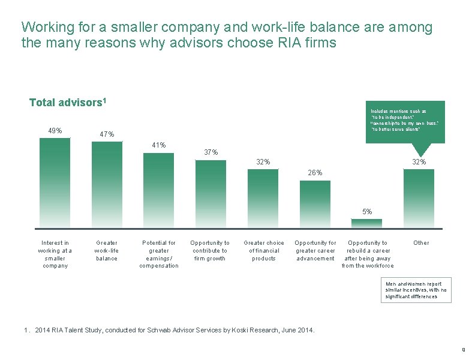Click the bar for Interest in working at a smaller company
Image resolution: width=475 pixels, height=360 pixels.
(x=55, y=183)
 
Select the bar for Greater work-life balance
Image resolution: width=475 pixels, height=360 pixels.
(x=107, y=185)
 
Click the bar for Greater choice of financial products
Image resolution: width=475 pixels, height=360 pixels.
(x=263, y=199)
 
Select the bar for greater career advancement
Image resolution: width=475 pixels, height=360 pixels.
(x=315, y=205)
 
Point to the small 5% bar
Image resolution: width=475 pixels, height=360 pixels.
(x=366, y=223)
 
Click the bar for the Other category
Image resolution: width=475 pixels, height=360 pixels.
(x=419, y=199)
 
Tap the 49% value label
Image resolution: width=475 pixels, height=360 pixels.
(x=54, y=131)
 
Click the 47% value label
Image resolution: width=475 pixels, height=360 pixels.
(x=107, y=134)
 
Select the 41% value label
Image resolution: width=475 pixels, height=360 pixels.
(x=158, y=145)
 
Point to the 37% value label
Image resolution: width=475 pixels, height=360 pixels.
(x=211, y=152)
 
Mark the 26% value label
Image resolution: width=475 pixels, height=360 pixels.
(x=315, y=173)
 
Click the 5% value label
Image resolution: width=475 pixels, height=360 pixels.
(x=366, y=211)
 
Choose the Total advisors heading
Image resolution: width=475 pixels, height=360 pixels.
(x=68, y=103)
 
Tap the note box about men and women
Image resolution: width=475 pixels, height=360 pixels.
(x=416, y=290)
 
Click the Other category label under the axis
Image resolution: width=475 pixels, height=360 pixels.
(x=421, y=243)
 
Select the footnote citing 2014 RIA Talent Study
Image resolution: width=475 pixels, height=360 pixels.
(x=169, y=330)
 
